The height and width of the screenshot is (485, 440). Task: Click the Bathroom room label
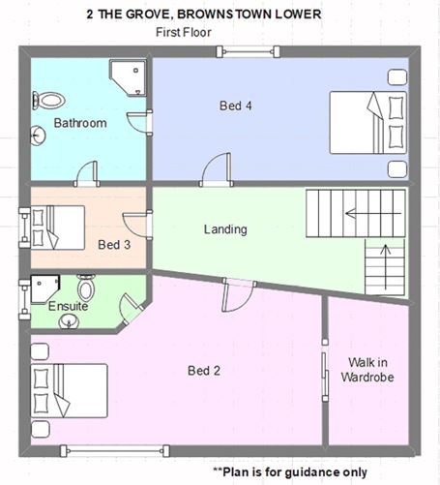tap(80, 123)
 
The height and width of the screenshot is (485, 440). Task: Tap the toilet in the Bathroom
tap(48, 101)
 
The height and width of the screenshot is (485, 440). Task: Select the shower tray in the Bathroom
tap(128, 77)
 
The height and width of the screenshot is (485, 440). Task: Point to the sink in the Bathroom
tap(38, 136)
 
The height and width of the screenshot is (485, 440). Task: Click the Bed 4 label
tap(236, 106)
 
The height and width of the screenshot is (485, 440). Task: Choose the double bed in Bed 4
tap(367, 123)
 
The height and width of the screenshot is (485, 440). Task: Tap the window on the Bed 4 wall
tap(248, 51)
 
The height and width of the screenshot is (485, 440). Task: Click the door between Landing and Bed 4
tap(217, 170)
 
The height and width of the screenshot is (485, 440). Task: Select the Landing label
tap(225, 229)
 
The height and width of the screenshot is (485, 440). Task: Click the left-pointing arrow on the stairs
tap(373, 214)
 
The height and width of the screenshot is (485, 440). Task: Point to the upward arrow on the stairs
tap(385, 267)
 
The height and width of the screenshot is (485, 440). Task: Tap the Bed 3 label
tap(114, 245)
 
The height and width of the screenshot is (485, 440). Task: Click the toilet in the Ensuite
tap(86, 288)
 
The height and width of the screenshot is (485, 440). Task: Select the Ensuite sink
tap(69, 321)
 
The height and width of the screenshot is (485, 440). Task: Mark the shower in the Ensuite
tap(44, 289)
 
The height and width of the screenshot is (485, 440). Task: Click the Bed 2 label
tap(204, 371)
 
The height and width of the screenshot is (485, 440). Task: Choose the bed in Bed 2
tap(69, 391)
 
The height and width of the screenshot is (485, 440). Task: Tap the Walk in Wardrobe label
tap(367, 370)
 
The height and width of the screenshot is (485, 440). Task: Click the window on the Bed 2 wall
tap(115, 451)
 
